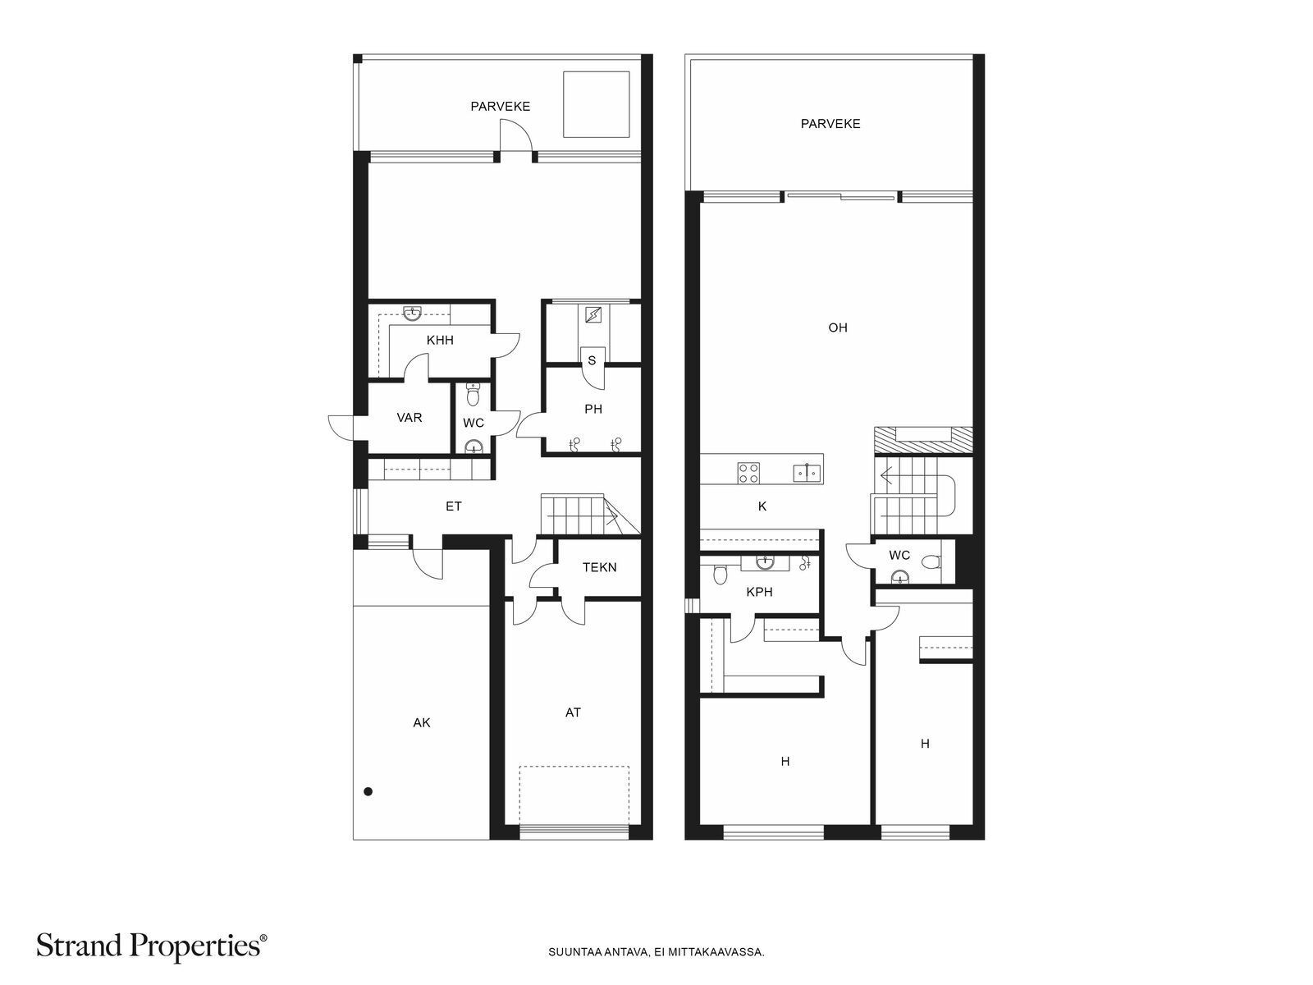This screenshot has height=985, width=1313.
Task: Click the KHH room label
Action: [x=440, y=341]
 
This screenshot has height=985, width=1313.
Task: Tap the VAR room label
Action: [x=409, y=418]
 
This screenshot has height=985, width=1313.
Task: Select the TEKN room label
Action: [x=599, y=567]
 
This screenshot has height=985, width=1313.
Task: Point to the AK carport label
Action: [x=422, y=722]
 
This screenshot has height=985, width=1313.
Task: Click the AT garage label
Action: [x=573, y=712]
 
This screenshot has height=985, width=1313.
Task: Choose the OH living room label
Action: [x=838, y=328]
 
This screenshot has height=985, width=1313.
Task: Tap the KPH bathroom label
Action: [x=759, y=592]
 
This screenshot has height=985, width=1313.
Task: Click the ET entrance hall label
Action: [x=454, y=506]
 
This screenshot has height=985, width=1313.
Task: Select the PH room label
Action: [x=593, y=409]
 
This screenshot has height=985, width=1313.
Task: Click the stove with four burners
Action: [x=748, y=473]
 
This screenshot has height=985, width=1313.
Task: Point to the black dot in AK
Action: [x=368, y=791]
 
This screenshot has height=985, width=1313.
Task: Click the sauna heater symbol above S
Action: [x=593, y=314]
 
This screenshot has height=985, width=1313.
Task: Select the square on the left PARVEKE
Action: [x=597, y=104]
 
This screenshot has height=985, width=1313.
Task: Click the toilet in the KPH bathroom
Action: [x=721, y=574]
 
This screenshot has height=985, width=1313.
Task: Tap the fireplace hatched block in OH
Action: [x=923, y=441]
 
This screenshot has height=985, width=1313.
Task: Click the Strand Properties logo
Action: [x=151, y=946]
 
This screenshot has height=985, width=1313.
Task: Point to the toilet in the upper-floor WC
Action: [x=931, y=562]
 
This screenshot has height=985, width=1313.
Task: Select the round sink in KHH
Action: [x=412, y=314]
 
